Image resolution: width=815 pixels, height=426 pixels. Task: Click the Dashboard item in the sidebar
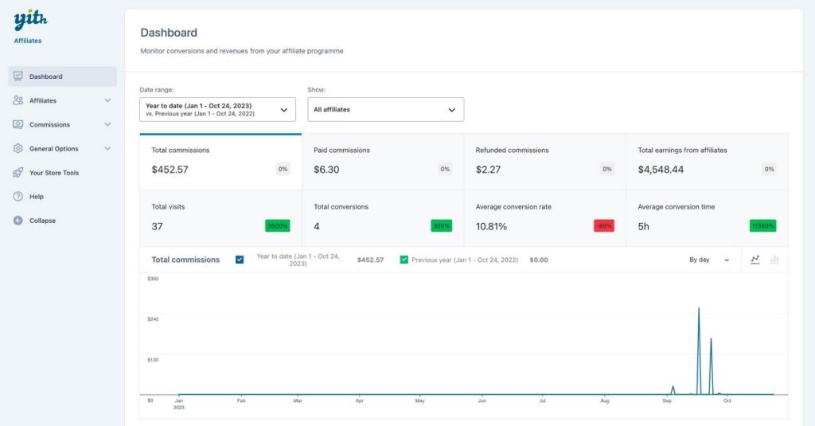coord(46,76)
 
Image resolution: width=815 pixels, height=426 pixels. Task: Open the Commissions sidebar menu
coord(49,125)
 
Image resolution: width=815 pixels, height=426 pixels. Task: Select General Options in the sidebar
coord(53,149)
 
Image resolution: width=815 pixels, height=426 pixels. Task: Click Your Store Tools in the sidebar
coord(54,173)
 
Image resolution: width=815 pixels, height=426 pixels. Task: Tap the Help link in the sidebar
coord(37,197)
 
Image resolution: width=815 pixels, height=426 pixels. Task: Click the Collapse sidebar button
coord(42,221)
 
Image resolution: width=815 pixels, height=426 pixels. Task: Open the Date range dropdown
coord(217,109)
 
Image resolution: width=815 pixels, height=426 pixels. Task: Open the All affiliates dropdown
coord(385,109)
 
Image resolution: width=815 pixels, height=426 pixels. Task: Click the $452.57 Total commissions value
coord(170,170)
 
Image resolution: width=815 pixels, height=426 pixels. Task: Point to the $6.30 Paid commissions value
coord(326,170)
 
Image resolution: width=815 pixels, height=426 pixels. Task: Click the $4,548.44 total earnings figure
coord(661,170)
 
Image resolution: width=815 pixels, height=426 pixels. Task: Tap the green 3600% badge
coord(278,226)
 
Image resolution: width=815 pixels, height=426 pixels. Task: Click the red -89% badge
coord(603,226)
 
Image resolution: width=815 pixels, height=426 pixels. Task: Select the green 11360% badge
coord(762,226)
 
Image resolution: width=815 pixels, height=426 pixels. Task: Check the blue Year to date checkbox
coord(240,260)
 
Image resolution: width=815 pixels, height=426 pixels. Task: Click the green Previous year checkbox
coord(404,260)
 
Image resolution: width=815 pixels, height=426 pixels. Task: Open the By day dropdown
coord(709,260)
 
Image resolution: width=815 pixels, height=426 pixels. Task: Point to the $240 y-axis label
coord(154,319)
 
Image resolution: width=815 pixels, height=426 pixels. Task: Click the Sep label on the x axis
coord(668,401)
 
